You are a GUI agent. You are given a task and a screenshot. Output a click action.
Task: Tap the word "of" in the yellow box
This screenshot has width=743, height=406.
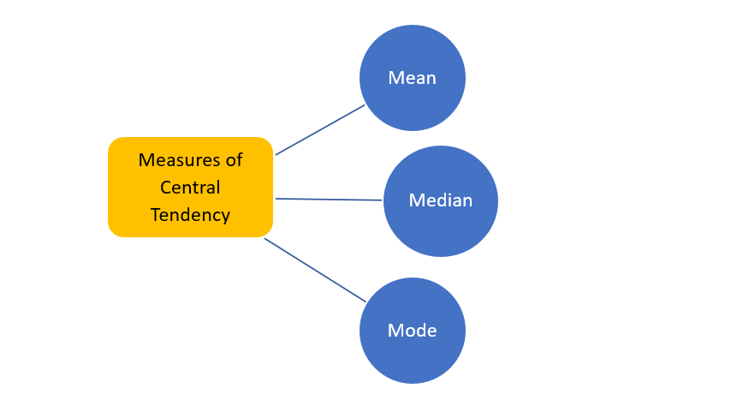(234, 160)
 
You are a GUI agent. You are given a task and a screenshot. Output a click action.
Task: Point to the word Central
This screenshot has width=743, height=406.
(190, 188)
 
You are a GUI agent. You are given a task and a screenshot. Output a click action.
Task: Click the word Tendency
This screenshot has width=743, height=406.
(190, 215)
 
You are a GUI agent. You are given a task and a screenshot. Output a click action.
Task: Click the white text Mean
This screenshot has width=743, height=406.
(413, 78)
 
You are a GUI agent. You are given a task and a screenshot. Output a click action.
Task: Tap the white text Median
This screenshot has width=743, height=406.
(441, 200)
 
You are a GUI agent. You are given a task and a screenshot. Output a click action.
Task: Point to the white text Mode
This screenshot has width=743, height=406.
(413, 331)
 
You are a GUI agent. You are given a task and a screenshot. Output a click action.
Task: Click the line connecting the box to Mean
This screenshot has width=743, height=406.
(320, 130)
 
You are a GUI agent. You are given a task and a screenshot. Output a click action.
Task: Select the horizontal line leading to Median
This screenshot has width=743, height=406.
(329, 200)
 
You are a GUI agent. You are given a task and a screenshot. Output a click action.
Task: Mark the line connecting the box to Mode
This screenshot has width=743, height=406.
(315, 270)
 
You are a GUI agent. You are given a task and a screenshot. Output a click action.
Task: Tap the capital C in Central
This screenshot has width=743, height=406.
(166, 188)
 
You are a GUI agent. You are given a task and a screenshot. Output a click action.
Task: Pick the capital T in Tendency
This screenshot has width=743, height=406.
(155, 215)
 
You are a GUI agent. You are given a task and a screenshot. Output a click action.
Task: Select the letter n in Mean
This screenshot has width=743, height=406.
(431, 78)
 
